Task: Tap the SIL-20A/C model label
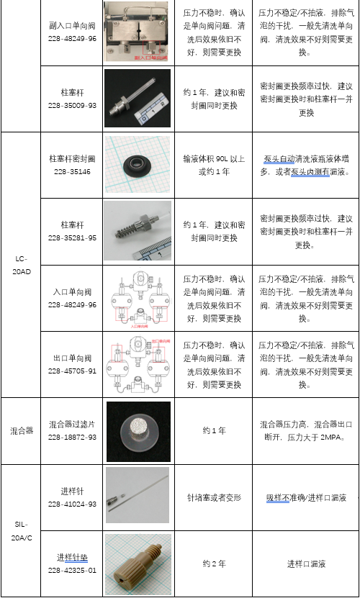[x=21, y=531]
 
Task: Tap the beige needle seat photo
[x=138, y=564]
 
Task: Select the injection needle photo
[x=138, y=497]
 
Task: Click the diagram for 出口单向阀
[x=138, y=364]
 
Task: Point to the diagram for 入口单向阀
[x=138, y=297]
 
